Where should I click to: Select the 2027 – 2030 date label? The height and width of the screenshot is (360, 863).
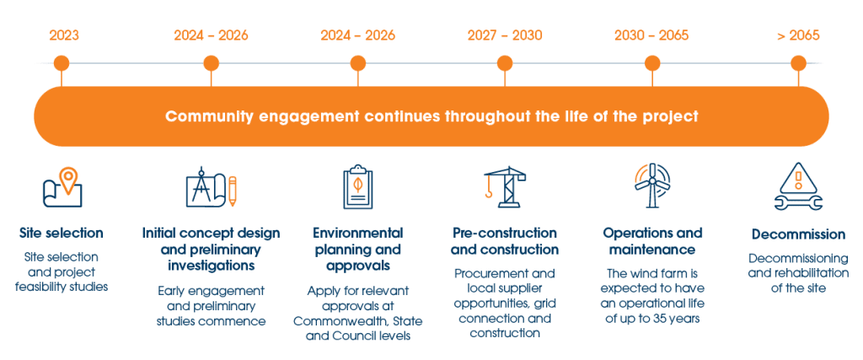505,35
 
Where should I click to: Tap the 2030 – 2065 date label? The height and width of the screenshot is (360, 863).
651,35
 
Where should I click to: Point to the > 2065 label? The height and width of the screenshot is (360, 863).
798,35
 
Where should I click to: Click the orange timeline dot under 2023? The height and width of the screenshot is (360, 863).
61,63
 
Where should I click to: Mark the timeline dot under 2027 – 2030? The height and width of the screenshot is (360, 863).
505,63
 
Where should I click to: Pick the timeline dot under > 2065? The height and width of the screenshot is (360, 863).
798,63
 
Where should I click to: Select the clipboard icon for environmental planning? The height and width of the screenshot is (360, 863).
357,188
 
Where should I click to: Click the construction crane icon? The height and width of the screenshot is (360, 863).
504,187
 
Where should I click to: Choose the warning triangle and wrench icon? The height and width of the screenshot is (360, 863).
797,188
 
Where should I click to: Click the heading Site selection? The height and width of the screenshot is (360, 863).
62,233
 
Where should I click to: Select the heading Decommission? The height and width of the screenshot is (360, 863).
797,234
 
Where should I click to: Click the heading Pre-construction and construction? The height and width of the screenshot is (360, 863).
504,241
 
